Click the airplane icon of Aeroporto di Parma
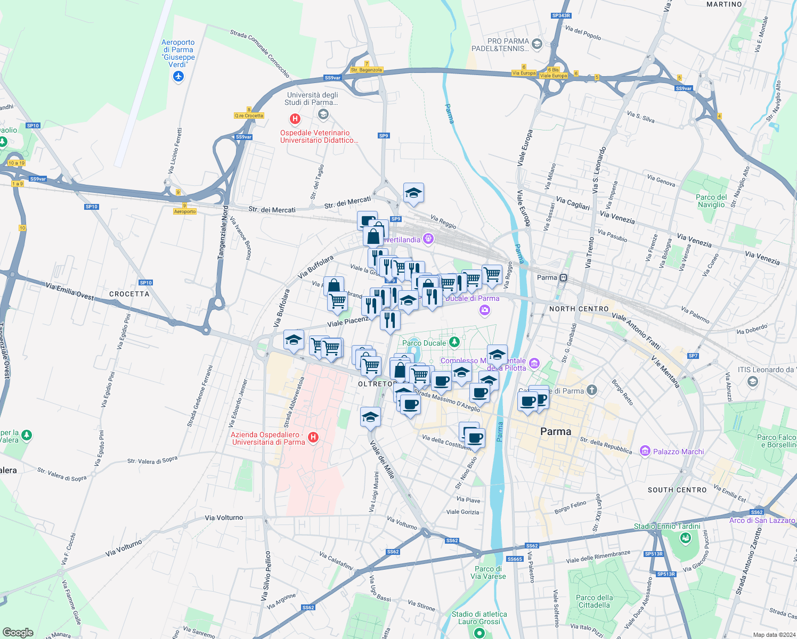tap(178, 77)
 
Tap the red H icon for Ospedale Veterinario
tap(295, 119)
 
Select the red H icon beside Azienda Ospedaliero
tap(313, 438)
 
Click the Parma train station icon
tap(564, 277)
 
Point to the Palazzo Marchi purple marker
tap(645, 452)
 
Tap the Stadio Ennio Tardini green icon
tap(686, 538)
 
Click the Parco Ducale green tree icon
tap(454, 342)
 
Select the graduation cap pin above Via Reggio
tap(413, 193)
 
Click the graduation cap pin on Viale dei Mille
tap(370, 417)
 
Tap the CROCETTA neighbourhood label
tap(129, 294)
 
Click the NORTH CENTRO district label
tap(579, 309)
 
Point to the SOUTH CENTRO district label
tap(677, 490)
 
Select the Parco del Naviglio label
tap(711, 201)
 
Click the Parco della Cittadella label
tap(594, 601)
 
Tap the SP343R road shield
tap(561, 16)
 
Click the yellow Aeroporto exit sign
tap(185, 211)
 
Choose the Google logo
tap(18, 633)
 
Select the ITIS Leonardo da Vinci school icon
tap(752, 381)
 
